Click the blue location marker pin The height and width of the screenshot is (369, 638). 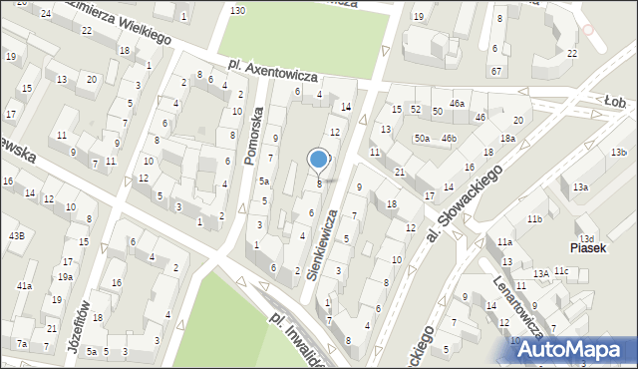[319, 160]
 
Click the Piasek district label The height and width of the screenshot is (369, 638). [588, 247]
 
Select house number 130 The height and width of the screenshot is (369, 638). [236, 10]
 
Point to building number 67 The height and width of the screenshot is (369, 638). [495, 71]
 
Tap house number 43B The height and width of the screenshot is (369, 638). [17, 235]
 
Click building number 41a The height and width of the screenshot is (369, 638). [24, 286]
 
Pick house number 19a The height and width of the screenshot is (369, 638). [65, 277]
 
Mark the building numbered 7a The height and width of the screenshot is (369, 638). [21, 344]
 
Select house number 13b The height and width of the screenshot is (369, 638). [619, 152]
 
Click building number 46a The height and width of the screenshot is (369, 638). [457, 104]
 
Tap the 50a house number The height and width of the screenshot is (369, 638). [423, 138]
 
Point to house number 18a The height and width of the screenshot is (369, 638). [508, 139]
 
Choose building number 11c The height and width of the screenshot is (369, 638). [561, 270]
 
